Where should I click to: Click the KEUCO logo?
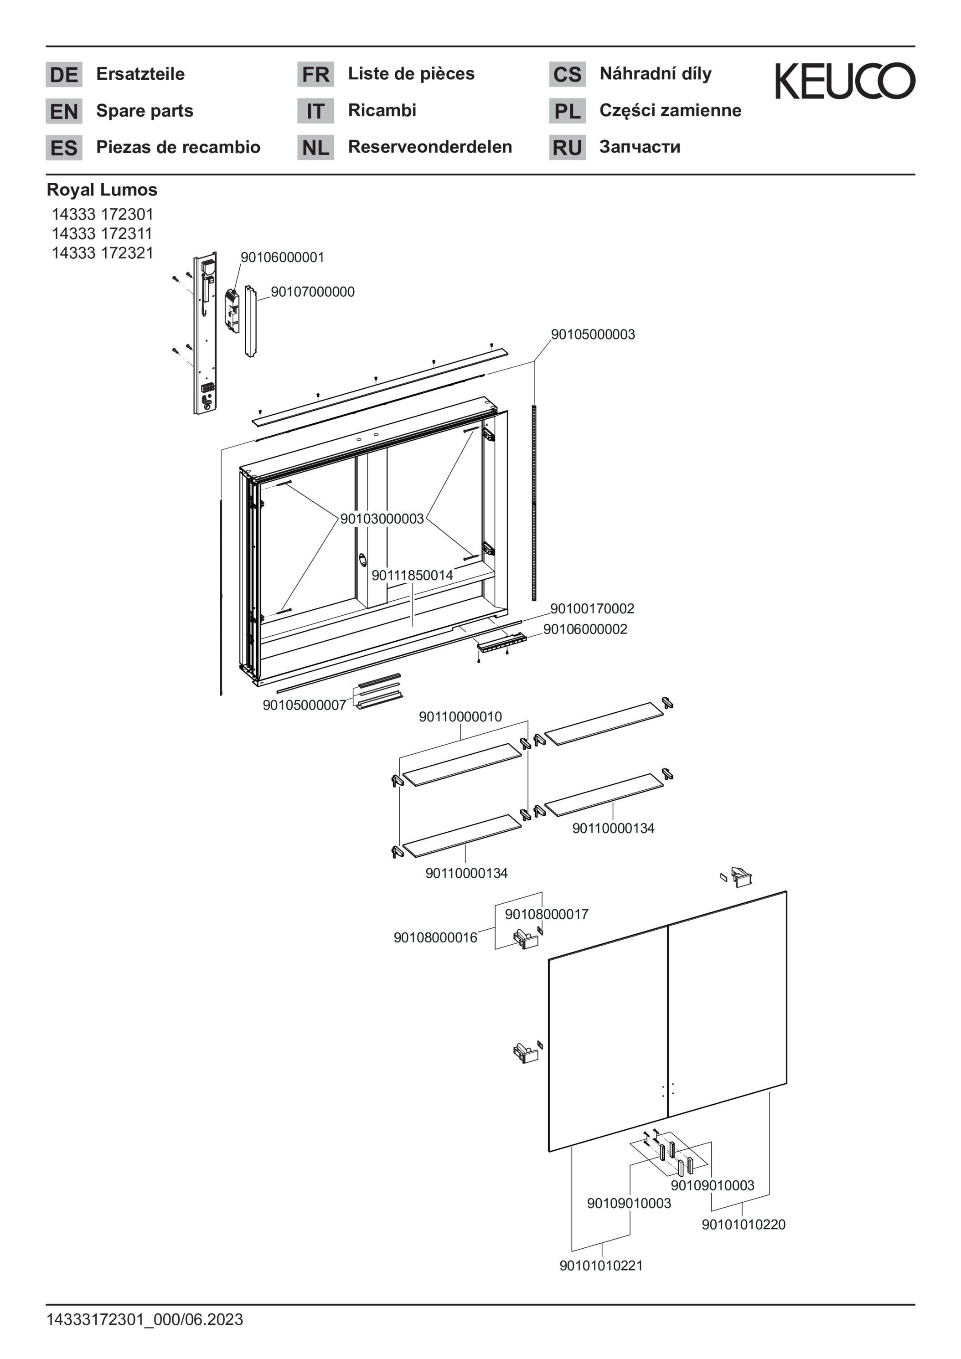pyautogui.click(x=845, y=81)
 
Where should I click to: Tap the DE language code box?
pyautogui.click(x=64, y=75)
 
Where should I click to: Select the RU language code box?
pyautogui.click(x=567, y=147)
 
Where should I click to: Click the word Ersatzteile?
pyautogui.click(x=140, y=74)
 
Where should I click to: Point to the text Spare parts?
pyautogui.click(x=145, y=111)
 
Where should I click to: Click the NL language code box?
pyautogui.click(x=315, y=147)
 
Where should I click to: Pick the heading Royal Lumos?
pyautogui.click(x=102, y=190)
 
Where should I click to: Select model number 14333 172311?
pyautogui.click(x=102, y=233)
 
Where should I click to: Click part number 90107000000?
pyautogui.click(x=313, y=292)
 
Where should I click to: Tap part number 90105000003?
pyautogui.click(x=593, y=335)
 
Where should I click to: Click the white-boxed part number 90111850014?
pyautogui.click(x=412, y=575)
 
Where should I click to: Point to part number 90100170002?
pyautogui.click(x=592, y=608)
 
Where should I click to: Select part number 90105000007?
pyautogui.click(x=304, y=705)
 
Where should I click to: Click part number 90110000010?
pyautogui.click(x=460, y=717)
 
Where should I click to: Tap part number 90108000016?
pyautogui.click(x=435, y=937)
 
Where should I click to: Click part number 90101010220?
pyautogui.click(x=743, y=1225)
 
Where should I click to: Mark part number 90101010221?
pyautogui.click(x=601, y=1266)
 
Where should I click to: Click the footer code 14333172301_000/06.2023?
pyautogui.click(x=145, y=1319)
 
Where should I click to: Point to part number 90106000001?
pyautogui.click(x=282, y=257)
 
